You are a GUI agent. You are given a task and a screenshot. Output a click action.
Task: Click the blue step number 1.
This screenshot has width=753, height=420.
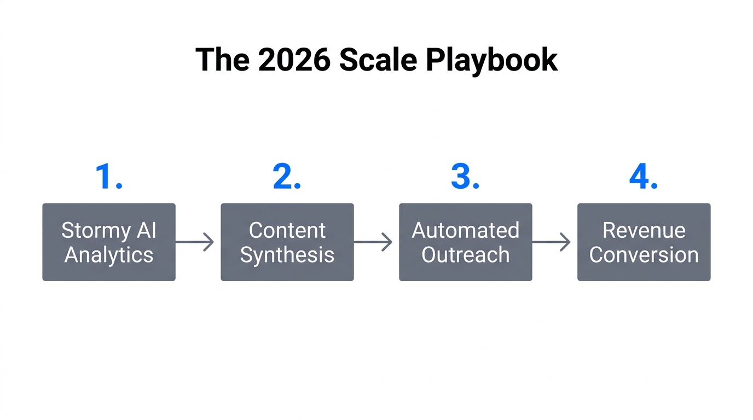point(108,177)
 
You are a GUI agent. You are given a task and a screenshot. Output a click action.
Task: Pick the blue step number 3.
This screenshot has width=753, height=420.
point(465,177)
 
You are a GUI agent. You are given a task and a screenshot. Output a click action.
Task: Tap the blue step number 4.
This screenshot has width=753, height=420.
point(643,177)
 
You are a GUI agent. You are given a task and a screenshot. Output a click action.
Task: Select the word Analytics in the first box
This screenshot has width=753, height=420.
point(109,255)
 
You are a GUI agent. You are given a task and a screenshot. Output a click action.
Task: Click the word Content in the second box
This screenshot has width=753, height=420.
point(287,230)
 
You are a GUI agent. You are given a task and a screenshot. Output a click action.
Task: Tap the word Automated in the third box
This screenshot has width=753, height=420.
point(465,230)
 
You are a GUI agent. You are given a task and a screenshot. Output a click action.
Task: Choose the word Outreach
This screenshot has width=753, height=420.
point(465,255)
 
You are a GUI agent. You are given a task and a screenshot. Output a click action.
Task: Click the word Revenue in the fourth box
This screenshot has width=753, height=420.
point(644,230)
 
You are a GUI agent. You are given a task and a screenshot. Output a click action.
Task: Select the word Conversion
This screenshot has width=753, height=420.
point(644,255)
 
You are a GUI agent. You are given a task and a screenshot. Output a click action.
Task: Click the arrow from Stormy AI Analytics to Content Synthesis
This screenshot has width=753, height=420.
point(195,242)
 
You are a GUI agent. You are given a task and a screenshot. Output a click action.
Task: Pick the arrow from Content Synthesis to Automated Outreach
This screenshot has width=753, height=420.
point(374,242)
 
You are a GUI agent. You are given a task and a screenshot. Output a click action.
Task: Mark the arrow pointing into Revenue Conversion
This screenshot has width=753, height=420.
point(552,242)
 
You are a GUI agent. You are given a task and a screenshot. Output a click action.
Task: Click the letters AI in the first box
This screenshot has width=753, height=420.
point(146,230)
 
